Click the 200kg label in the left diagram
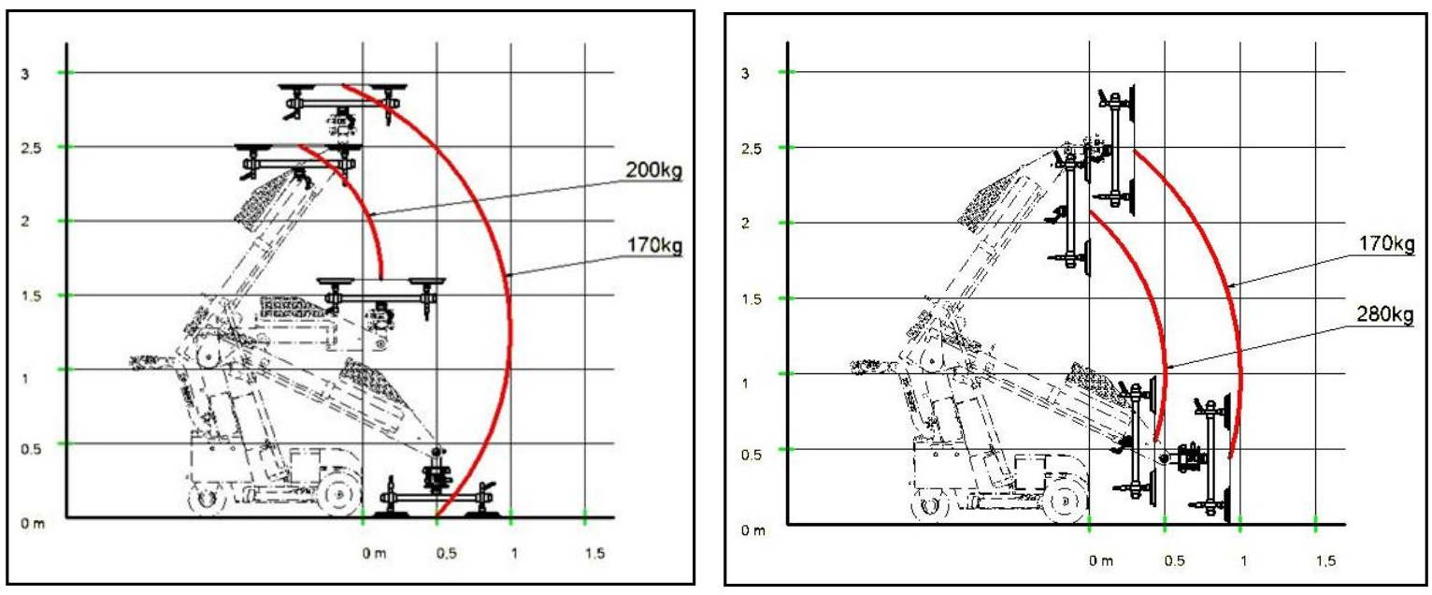click(x=653, y=170)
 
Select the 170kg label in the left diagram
click(x=654, y=245)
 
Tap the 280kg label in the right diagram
click(x=1384, y=314)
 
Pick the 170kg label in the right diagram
click(x=1386, y=243)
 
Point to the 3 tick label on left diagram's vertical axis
click(x=25, y=74)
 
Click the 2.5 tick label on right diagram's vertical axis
click(x=752, y=149)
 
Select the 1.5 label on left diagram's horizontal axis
click(x=594, y=553)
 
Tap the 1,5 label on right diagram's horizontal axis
click(x=1325, y=561)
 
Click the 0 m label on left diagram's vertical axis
click(x=33, y=524)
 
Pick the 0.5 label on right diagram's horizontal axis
click(x=1174, y=561)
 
